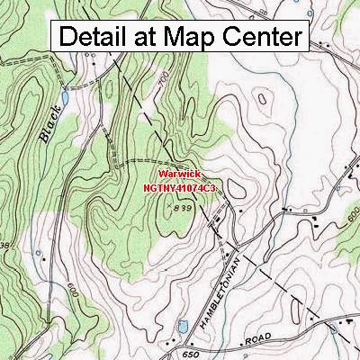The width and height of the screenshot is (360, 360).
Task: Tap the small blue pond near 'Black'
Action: tap(64, 93)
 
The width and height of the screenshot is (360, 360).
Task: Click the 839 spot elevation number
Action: tap(184, 209)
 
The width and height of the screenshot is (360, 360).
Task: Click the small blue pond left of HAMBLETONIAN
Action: tap(183, 323)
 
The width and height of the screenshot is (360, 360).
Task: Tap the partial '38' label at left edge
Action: tap(4, 246)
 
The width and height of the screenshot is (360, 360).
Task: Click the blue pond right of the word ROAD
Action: tap(334, 328)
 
